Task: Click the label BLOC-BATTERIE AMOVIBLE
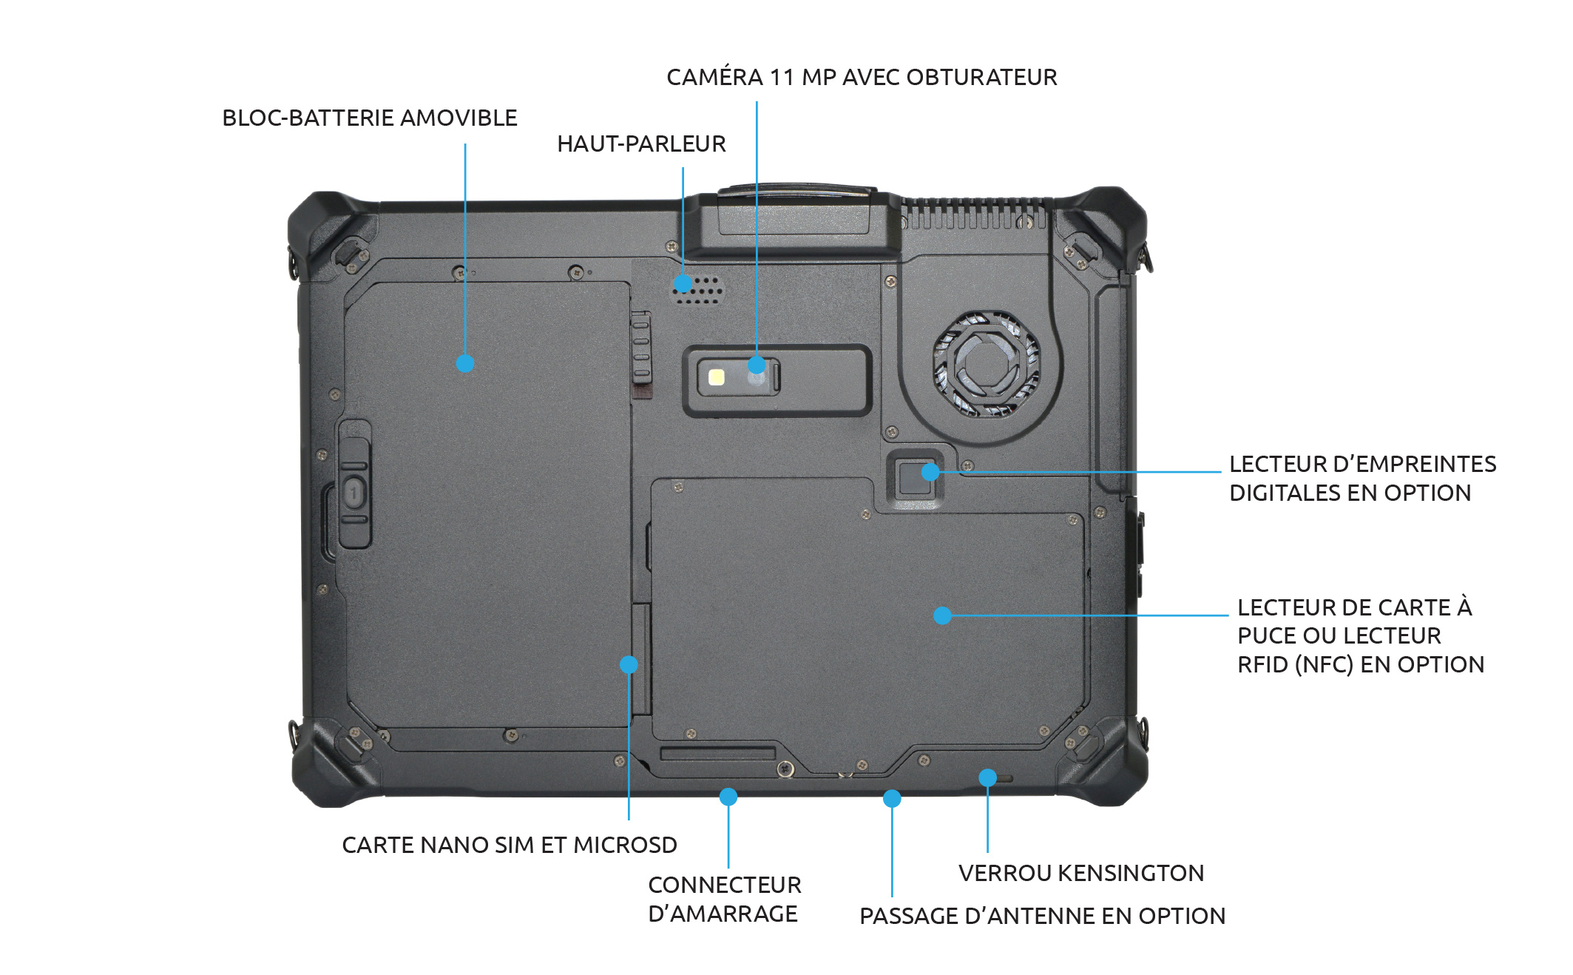pos(370,118)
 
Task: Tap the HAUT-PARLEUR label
pos(641,144)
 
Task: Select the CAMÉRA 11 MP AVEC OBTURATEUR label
pos(862,78)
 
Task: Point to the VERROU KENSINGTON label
pos(1081,874)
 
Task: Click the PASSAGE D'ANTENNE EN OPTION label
pos(1042,917)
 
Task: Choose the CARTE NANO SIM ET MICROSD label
pos(509,846)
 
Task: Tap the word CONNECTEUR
pos(725,885)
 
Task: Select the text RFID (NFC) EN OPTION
pos(1361,665)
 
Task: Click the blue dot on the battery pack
pos(465,363)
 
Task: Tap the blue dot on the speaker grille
pos(683,283)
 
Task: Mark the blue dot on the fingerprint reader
pos(930,471)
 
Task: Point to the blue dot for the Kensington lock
pos(987,777)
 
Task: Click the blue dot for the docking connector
pos(728,797)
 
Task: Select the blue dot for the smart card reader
pos(942,615)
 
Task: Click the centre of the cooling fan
pos(986,362)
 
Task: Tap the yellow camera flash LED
pos(716,377)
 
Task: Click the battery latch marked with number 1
pos(354,492)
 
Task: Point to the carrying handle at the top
pos(795,211)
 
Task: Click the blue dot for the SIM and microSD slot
pos(629,664)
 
